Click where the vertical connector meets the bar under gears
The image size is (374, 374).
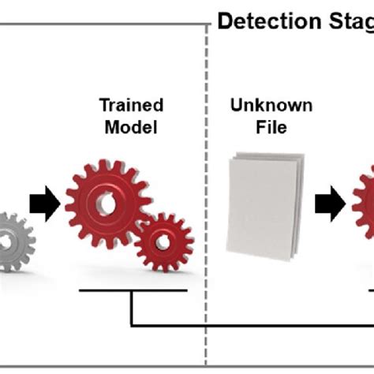(x=131, y=291)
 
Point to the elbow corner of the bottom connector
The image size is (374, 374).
(x=131, y=324)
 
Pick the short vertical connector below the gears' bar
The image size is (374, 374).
(x=131, y=308)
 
